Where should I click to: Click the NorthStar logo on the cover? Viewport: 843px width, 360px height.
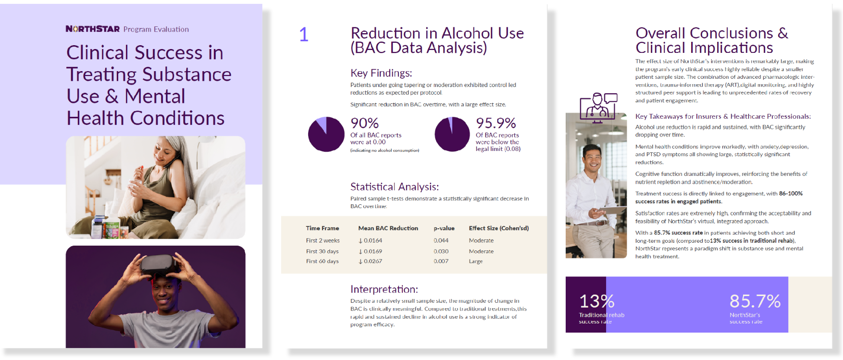click(93, 29)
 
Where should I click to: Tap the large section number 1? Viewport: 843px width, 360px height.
click(304, 34)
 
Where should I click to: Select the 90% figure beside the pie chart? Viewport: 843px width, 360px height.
click(364, 123)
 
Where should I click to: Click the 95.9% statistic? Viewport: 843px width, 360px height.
click(496, 123)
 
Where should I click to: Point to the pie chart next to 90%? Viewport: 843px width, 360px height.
click(326, 134)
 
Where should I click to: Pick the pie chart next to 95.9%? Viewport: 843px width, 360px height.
click(452, 134)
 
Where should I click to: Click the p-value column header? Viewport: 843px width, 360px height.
click(444, 228)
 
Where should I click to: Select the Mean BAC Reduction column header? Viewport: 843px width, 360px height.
click(388, 228)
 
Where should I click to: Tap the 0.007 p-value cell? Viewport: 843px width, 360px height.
click(441, 261)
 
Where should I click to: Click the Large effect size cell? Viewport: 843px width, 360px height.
click(476, 261)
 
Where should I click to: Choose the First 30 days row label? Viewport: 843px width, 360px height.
click(322, 251)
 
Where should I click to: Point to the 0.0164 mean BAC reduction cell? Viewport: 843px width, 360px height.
click(370, 240)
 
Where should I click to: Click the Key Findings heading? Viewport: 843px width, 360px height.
click(381, 73)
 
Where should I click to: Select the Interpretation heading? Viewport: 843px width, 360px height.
click(384, 289)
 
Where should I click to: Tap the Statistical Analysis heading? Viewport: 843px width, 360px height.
click(395, 186)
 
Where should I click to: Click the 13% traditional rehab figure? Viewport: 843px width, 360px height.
click(596, 301)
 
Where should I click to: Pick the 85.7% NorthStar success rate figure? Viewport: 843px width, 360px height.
click(755, 301)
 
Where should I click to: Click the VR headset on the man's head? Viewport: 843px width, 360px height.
click(157, 264)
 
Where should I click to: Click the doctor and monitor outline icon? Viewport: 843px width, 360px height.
click(598, 108)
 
